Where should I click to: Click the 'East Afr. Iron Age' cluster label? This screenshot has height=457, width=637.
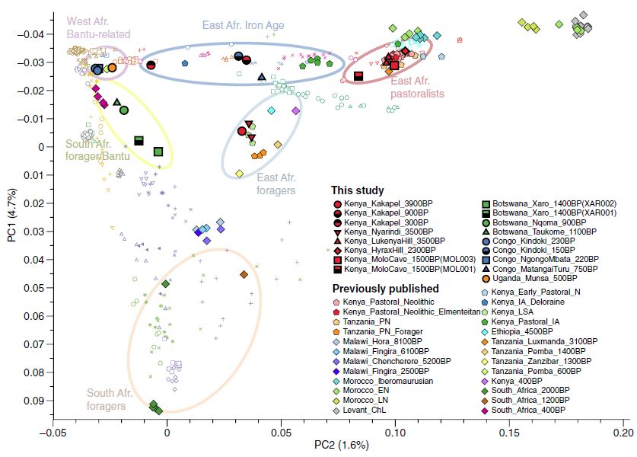[x=243, y=25]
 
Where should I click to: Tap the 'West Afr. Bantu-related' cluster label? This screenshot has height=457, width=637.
[x=98, y=27]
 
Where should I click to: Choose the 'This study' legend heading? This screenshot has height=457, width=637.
[x=357, y=190]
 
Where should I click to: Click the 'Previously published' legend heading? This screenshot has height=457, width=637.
[x=385, y=289]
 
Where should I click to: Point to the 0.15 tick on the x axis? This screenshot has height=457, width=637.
[x=509, y=431]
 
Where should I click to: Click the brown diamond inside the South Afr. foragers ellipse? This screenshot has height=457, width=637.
[x=244, y=274]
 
